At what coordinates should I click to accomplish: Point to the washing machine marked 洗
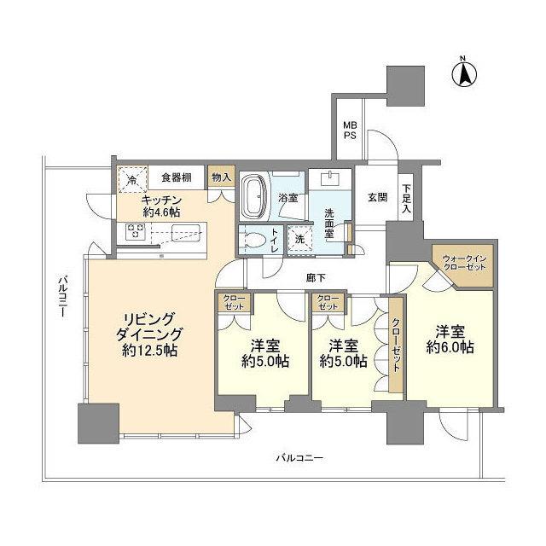click(x=299, y=240)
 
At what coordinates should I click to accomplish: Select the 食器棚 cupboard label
click(x=177, y=178)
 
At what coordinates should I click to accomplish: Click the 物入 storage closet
click(x=220, y=178)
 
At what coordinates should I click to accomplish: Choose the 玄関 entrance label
click(x=377, y=198)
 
